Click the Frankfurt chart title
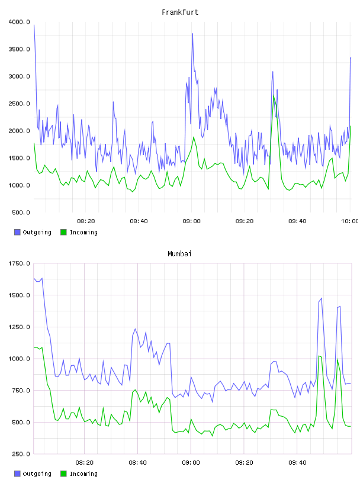180,12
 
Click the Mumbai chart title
179,254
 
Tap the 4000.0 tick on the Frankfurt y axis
20,22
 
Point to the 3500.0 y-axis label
20,49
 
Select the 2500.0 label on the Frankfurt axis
20,104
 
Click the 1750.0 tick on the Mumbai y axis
20,263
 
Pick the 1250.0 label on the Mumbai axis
20,327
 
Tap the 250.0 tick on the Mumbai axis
21,454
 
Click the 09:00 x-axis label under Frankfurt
191,221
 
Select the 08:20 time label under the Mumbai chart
85,463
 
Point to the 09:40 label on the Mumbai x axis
297,463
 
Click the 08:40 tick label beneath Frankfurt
139,221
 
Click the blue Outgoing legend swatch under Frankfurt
17,232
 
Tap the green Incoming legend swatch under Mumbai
63,474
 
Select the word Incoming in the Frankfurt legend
83,233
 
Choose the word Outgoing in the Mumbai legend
37,474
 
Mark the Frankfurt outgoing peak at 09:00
192,34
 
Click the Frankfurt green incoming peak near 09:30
274,96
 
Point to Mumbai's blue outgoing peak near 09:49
322,298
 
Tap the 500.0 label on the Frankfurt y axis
21,212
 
